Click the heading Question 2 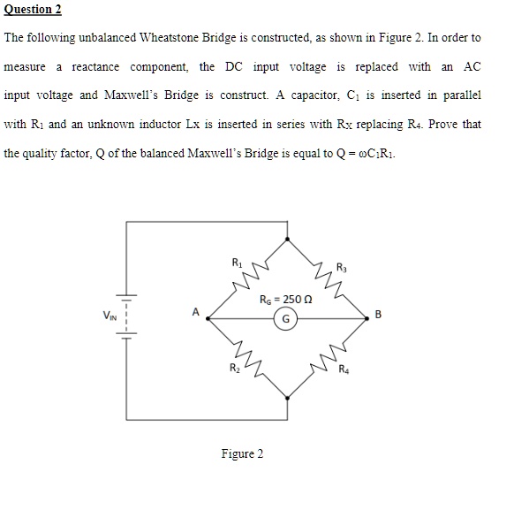coord(33,10)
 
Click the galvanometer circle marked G coord(288,321)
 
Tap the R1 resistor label coord(236,263)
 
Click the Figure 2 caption coord(242,454)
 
